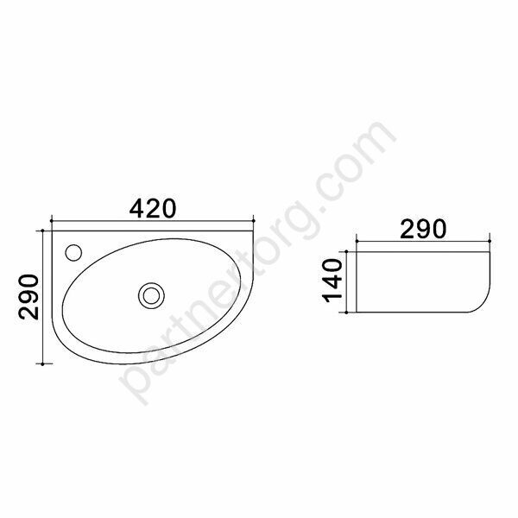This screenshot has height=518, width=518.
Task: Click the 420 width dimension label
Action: (153, 209)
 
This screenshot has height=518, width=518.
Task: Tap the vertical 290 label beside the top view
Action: (28, 297)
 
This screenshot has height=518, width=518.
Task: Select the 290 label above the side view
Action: (423, 229)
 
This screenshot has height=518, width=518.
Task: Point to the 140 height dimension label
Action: (333, 281)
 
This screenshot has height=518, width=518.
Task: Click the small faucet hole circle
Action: (73, 253)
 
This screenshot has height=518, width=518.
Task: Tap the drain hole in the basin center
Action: (151, 295)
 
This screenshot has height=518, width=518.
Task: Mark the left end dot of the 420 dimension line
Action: (52, 220)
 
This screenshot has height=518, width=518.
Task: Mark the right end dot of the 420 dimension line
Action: (253, 220)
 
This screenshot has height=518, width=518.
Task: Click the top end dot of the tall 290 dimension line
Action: (42, 231)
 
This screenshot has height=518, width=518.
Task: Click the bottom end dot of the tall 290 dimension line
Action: (42, 363)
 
